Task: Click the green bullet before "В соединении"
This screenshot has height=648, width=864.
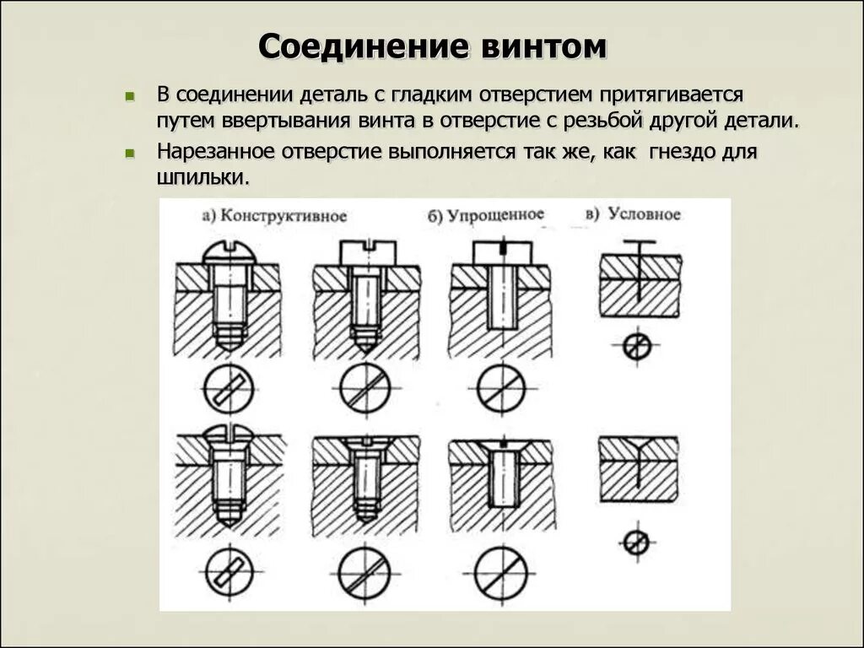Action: tap(129, 97)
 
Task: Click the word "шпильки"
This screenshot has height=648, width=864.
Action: tap(202, 179)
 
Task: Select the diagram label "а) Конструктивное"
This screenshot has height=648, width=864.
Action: tap(275, 215)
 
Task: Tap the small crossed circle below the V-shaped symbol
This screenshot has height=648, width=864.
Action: tap(638, 542)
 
